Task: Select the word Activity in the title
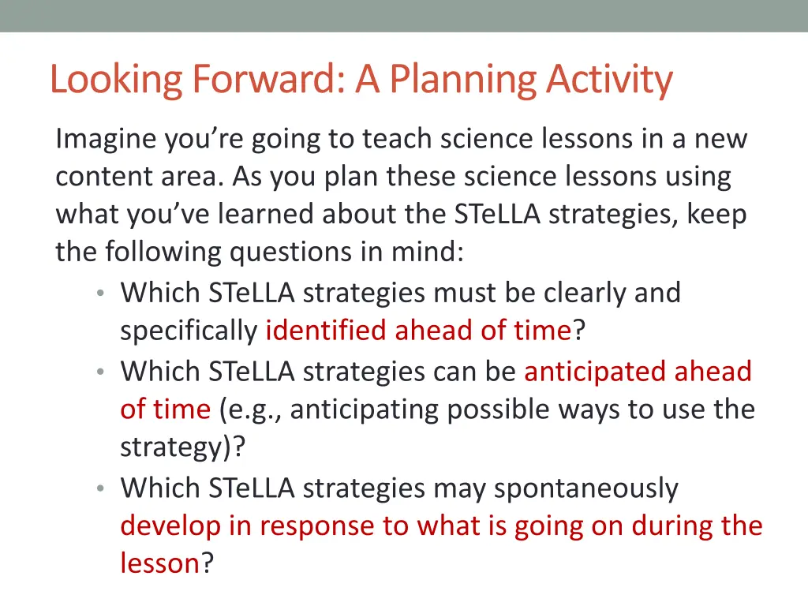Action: point(610,80)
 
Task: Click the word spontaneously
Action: point(585,489)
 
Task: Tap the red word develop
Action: point(170,526)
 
